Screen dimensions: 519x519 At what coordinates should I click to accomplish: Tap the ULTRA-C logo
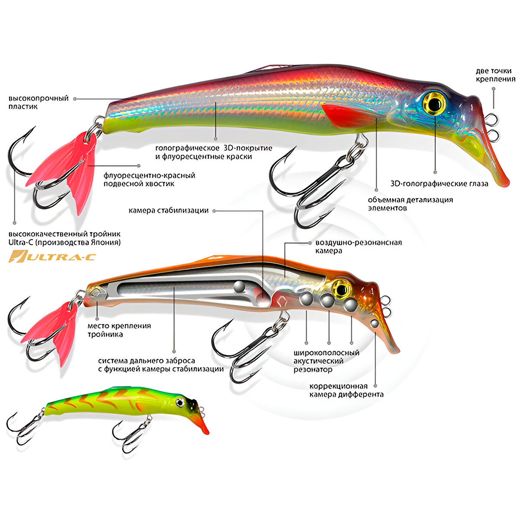click(x=52, y=257)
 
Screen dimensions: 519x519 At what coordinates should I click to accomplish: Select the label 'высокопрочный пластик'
click(x=38, y=102)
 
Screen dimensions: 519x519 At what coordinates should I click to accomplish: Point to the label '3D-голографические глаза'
click(x=439, y=183)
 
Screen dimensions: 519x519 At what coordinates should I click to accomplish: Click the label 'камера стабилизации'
click(x=168, y=211)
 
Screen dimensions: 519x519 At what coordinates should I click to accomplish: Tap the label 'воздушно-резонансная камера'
click(x=358, y=247)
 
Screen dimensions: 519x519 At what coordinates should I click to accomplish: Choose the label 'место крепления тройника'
click(x=119, y=330)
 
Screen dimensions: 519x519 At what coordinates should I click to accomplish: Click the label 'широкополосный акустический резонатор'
click(x=326, y=361)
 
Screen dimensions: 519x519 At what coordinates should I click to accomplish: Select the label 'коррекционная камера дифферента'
click(x=346, y=390)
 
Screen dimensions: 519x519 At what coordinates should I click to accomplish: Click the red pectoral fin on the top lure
click(x=346, y=115)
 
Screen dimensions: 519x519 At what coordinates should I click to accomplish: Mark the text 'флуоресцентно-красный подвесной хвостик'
click(x=149, y=179)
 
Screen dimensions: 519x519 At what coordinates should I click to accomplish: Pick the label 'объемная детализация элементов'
click(x=410, y=204)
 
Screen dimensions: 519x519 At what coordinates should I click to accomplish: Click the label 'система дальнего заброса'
click(x=160, y=365)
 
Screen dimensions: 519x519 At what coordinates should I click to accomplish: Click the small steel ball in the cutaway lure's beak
click(x=375, y=323)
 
